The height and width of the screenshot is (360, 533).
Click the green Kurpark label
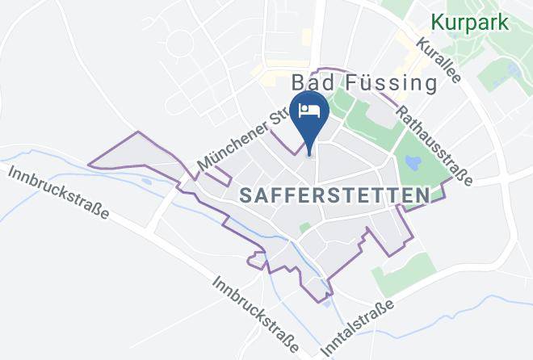tap(470, 22)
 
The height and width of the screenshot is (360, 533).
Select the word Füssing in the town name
tap(391, 83)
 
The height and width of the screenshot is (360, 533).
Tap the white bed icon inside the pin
tap(310, 110)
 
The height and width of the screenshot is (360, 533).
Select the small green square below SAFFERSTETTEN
tap(304, 228)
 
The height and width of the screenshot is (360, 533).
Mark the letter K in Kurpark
tap(438, 22)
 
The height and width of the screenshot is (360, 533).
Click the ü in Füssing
tap(364, 83)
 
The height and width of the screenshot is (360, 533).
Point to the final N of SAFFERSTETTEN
tap(422, 195)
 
